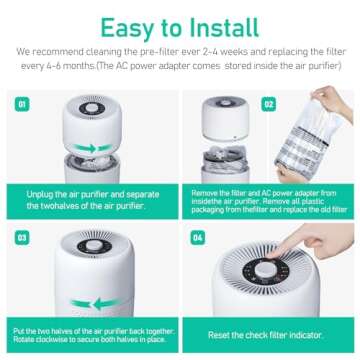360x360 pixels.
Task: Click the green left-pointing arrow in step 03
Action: click(91, 303)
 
